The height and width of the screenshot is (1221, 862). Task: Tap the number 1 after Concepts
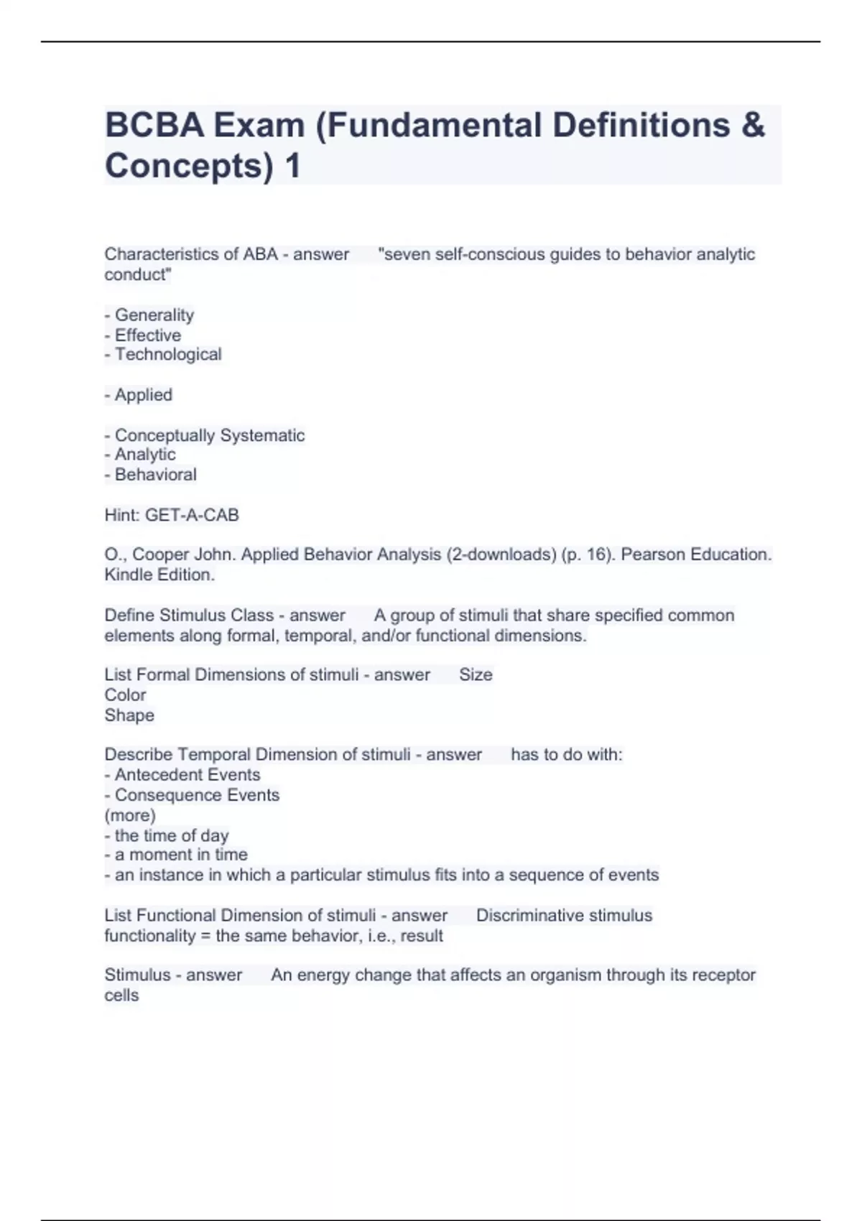[x=292, y=166]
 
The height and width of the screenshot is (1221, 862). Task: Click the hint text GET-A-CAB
[x=192, y=515]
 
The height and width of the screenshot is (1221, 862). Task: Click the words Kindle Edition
[x=159, y=575]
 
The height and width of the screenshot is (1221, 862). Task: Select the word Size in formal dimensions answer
[x=476, y=674]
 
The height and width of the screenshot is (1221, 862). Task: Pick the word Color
[x=125, y=695]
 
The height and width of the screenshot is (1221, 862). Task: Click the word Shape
[x=129, y=715]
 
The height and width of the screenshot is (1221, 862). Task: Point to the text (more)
[x=130, y=815]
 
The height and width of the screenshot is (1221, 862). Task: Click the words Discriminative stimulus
[x=564, y=916]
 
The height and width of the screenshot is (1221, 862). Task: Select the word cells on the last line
[x=121, y=995]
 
